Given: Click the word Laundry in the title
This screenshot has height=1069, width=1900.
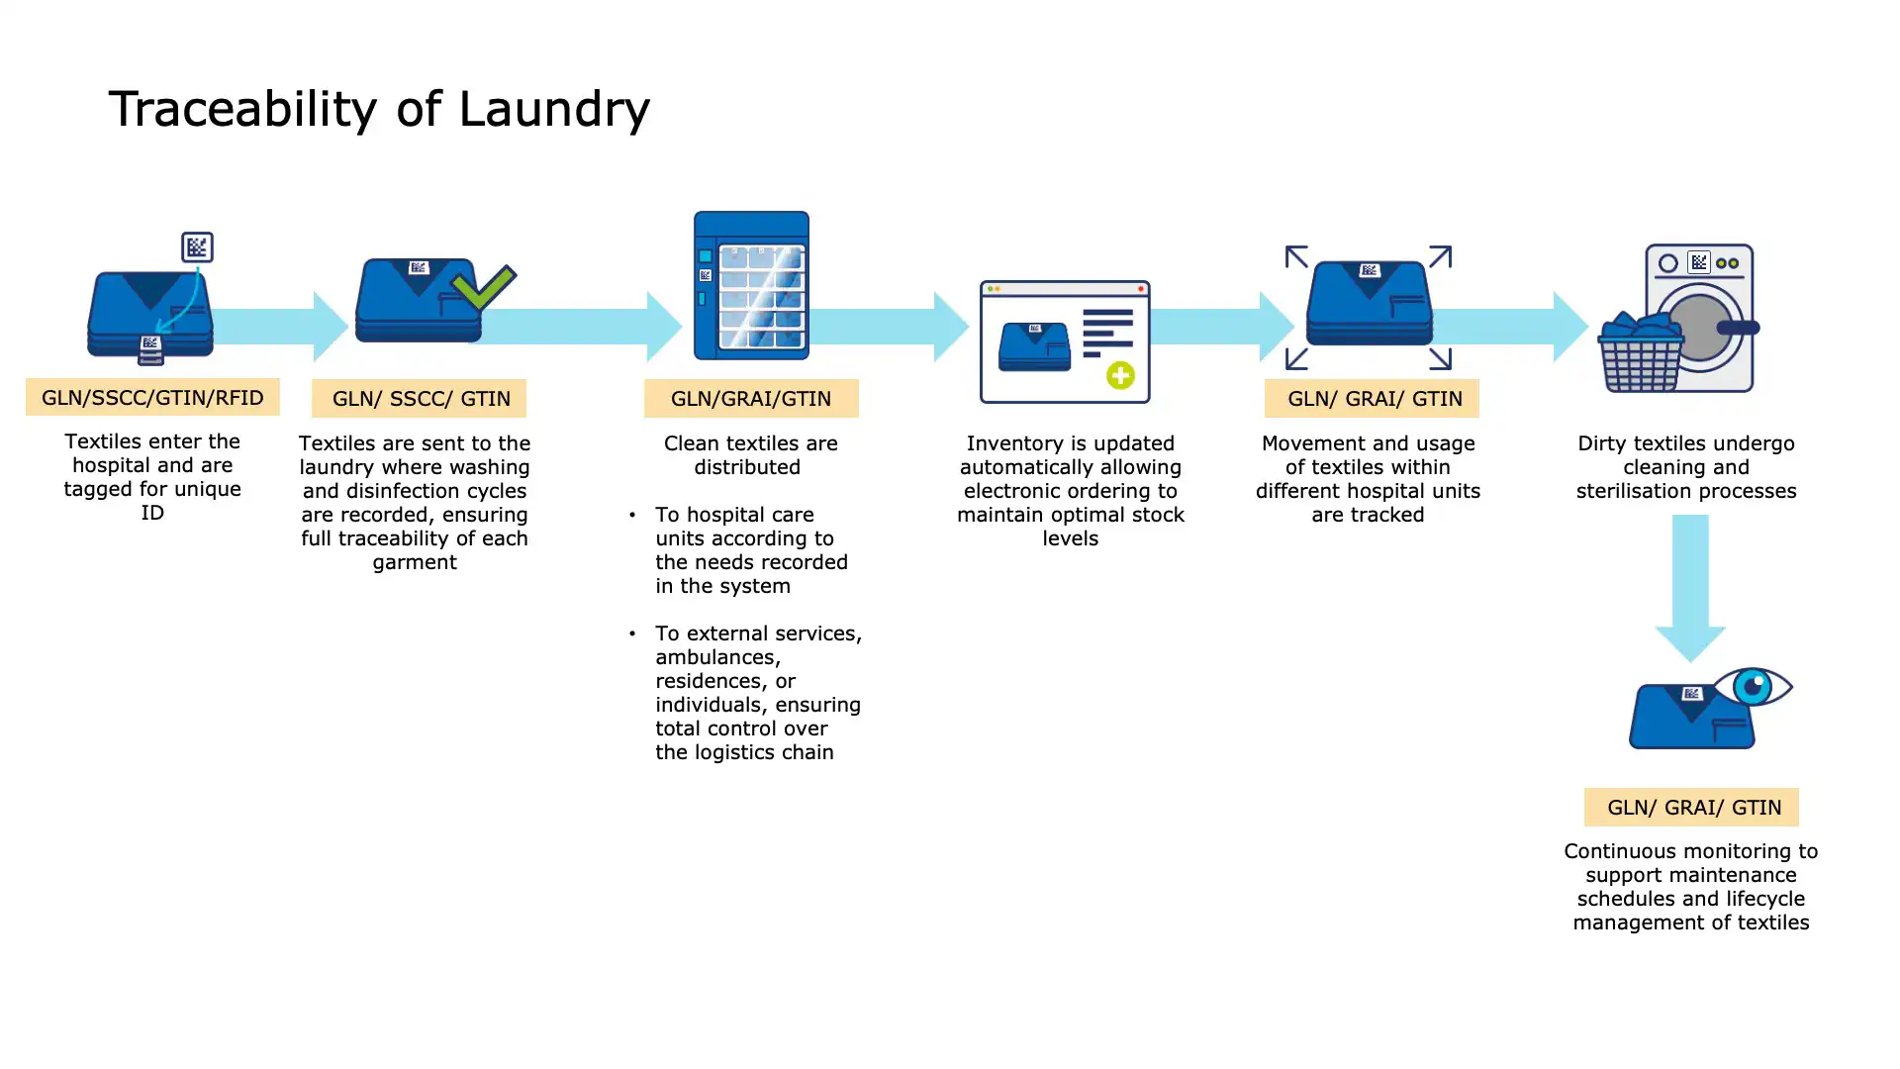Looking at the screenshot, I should pyautogui.click(x=553, y=109).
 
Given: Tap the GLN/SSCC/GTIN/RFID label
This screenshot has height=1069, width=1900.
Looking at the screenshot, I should pyautogui.click(x=152, y=398).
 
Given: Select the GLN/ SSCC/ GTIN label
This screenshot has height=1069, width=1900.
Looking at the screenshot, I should pyautogui.click(x=420, y=399).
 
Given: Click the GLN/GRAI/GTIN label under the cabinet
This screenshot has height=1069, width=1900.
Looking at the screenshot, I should pyautogui.click(x=751, y=399).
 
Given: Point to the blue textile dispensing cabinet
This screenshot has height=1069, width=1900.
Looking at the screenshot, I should pyautogui.click(x=751, y=286).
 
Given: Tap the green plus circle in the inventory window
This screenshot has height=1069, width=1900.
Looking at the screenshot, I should pyautogui.click(x=1120, y=376).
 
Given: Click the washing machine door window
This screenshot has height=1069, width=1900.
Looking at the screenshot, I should pyautogui.click(x=1698, y=327).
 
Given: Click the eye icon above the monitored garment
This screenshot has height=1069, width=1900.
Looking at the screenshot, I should pyautogui.click(x=1754, y=686).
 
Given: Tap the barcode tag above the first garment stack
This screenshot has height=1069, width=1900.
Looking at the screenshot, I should pyautogui.click(x=197, y=246).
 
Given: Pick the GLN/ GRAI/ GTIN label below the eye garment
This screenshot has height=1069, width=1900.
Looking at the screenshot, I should pyautogui.click(x=1691, y=808).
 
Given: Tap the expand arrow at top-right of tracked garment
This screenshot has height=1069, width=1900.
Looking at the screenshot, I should pyautogui.click(x=1440, y=257).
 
